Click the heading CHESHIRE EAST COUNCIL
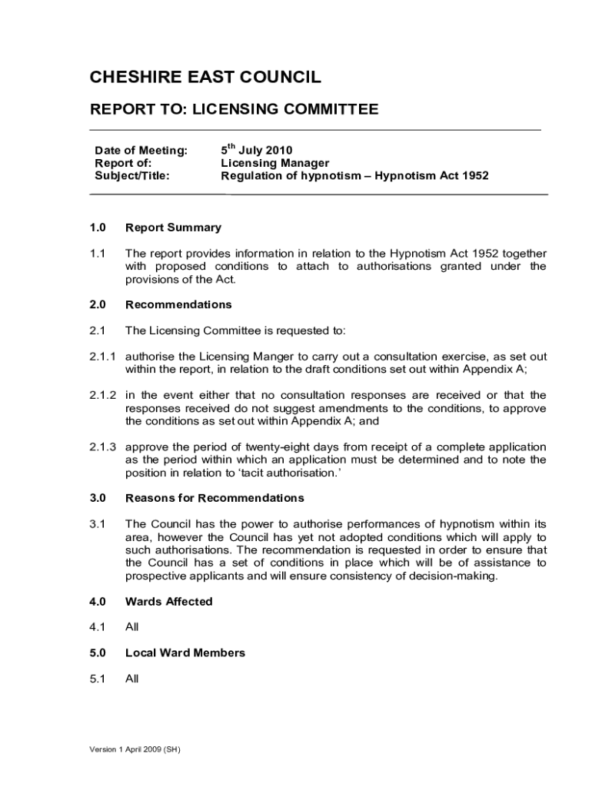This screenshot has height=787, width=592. (205, 77)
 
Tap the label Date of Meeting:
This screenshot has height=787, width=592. (141, 150)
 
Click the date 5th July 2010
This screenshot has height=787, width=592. (257, 150)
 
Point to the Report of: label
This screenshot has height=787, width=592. (123, 163)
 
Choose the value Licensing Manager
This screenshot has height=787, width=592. (275, 163)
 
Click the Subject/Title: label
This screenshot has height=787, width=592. (132, 175)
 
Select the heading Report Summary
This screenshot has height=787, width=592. (173, 227)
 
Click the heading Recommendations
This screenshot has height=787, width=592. (178, 304)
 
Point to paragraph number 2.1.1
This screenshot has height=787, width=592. (102, 357)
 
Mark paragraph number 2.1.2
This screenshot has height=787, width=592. (102, 395)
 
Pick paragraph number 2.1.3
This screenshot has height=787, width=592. (102, 447)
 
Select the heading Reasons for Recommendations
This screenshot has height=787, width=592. (215, 498)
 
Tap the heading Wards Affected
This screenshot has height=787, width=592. (168, 602)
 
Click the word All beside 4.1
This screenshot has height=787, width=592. (132, 627)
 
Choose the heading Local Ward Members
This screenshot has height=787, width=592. (185, 653)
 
